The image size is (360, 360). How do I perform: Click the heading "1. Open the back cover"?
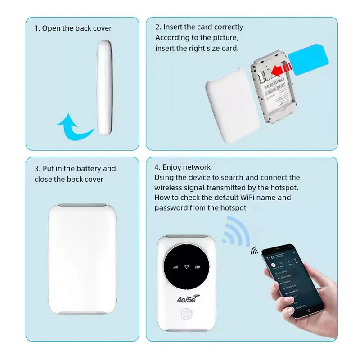(x=73, y=28)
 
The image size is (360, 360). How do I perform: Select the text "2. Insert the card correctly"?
(x=199, y=27)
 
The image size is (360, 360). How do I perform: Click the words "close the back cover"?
(x=69, y=179)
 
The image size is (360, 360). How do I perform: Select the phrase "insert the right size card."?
(x=197, y=48)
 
